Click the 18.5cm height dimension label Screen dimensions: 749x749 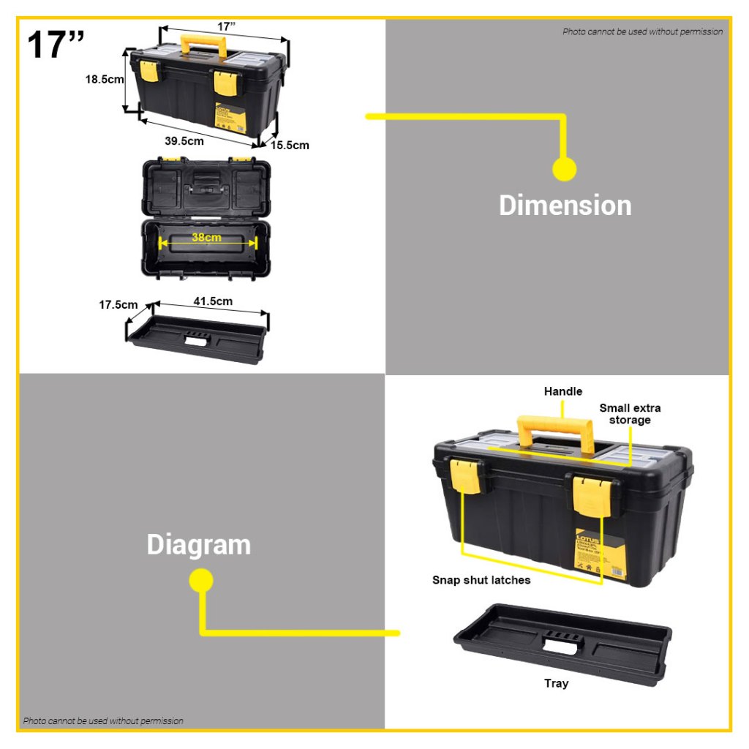pos(105,80)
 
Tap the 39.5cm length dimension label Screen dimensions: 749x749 pos(184,140)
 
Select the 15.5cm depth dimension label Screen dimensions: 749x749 pos(290,145)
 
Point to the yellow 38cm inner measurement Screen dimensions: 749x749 pos(207,238)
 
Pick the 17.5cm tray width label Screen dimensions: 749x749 pos(118,304)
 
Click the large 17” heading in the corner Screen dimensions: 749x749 pos(56,45)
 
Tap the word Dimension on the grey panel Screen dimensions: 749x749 pos(565,206)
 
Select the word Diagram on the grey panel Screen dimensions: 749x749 pos(198,545)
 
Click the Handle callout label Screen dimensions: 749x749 pos(563,392)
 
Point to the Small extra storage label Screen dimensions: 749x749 pos(630,414)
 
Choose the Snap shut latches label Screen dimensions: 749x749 pos(481,580)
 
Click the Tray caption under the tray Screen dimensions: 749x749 pos(556,683)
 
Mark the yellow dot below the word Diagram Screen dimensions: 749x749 pos(201,581)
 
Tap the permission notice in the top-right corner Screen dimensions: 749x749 pos(642,31)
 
